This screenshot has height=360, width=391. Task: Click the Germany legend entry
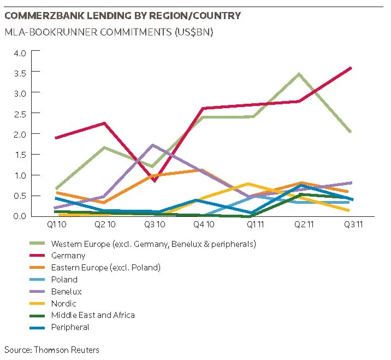(x=68, y=255)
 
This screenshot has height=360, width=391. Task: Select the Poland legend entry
(x=64, y=279)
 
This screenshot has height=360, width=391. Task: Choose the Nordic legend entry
(x=63, y=303)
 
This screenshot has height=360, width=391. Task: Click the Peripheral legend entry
(x=70, y=327)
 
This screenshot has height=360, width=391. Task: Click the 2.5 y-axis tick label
(x=20, y=113)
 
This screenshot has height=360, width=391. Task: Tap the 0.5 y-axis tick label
(x=20, y=196)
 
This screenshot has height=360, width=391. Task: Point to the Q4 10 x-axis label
(x=203, y=224)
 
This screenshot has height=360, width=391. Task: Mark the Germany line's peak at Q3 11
(x=350, y=68)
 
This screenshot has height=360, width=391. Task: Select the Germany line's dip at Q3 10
(x=155, y=180)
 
